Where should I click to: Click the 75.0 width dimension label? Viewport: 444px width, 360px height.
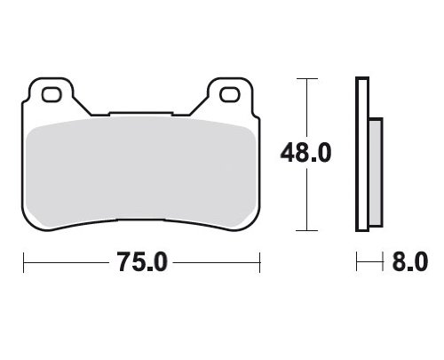coord(142,262)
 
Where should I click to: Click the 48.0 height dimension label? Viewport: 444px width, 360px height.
coord(305,153)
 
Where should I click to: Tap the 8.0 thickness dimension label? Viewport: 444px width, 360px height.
coord(410,262)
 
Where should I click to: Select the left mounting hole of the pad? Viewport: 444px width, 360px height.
coord(52,94)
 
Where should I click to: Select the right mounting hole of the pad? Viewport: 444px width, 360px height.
coord(229,94)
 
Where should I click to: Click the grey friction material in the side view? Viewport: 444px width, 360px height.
coord(376,172)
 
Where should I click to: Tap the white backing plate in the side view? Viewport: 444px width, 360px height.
coord(362,154)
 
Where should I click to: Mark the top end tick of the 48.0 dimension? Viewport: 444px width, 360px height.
coord(307,79)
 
